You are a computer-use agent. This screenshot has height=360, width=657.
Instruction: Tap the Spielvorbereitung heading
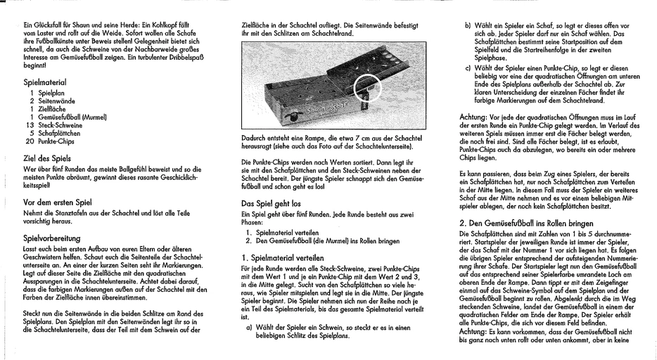51,238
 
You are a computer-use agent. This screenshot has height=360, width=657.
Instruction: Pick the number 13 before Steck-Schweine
30,125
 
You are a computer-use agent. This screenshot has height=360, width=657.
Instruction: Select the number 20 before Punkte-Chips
30,141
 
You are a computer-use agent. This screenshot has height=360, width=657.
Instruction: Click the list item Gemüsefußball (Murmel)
72,117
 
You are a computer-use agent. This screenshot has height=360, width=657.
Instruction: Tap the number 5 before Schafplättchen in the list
32,133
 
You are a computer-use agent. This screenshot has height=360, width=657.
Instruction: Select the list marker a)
249,328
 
